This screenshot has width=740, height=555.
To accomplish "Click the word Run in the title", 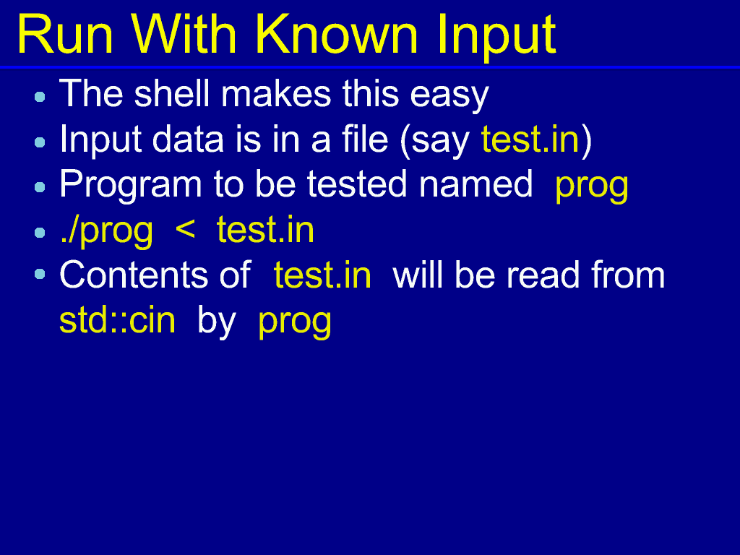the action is click(x=65, y=35).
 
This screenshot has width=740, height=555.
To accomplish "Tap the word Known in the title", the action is click(x=337, y=35).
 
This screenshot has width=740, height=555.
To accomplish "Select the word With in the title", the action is click(x=184, y=35).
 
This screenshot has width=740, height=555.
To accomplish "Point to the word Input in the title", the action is click(x=496, y=38).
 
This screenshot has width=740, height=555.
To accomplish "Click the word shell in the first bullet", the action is click(x=172, y=93).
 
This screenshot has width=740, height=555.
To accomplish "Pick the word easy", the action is click(x=449, y=97).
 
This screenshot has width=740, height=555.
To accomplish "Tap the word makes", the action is click(x=276, y=93).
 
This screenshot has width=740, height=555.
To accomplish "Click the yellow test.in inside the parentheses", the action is click(x=530, y=139).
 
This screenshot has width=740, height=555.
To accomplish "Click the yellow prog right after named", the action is click(x=592, y=187).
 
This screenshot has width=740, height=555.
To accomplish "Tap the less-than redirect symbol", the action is click(x=184, y=230).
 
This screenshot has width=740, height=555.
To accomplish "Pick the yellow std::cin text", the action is click(x=118, y=319).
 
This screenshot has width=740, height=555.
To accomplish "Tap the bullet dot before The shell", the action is click(x=40, y=97).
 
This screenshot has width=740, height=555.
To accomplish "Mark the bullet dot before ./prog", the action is click(x=40, y=233).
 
